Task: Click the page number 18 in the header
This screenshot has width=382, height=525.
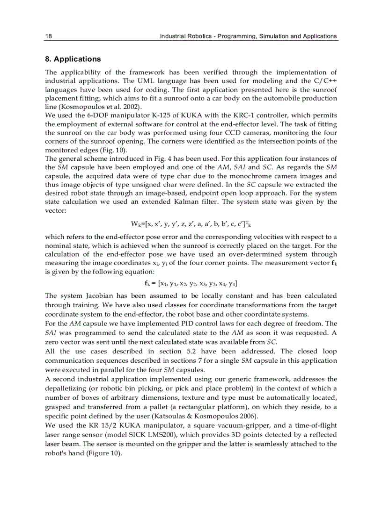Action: tap(48, 36)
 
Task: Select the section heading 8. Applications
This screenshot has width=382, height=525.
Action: tap(73, 59)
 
